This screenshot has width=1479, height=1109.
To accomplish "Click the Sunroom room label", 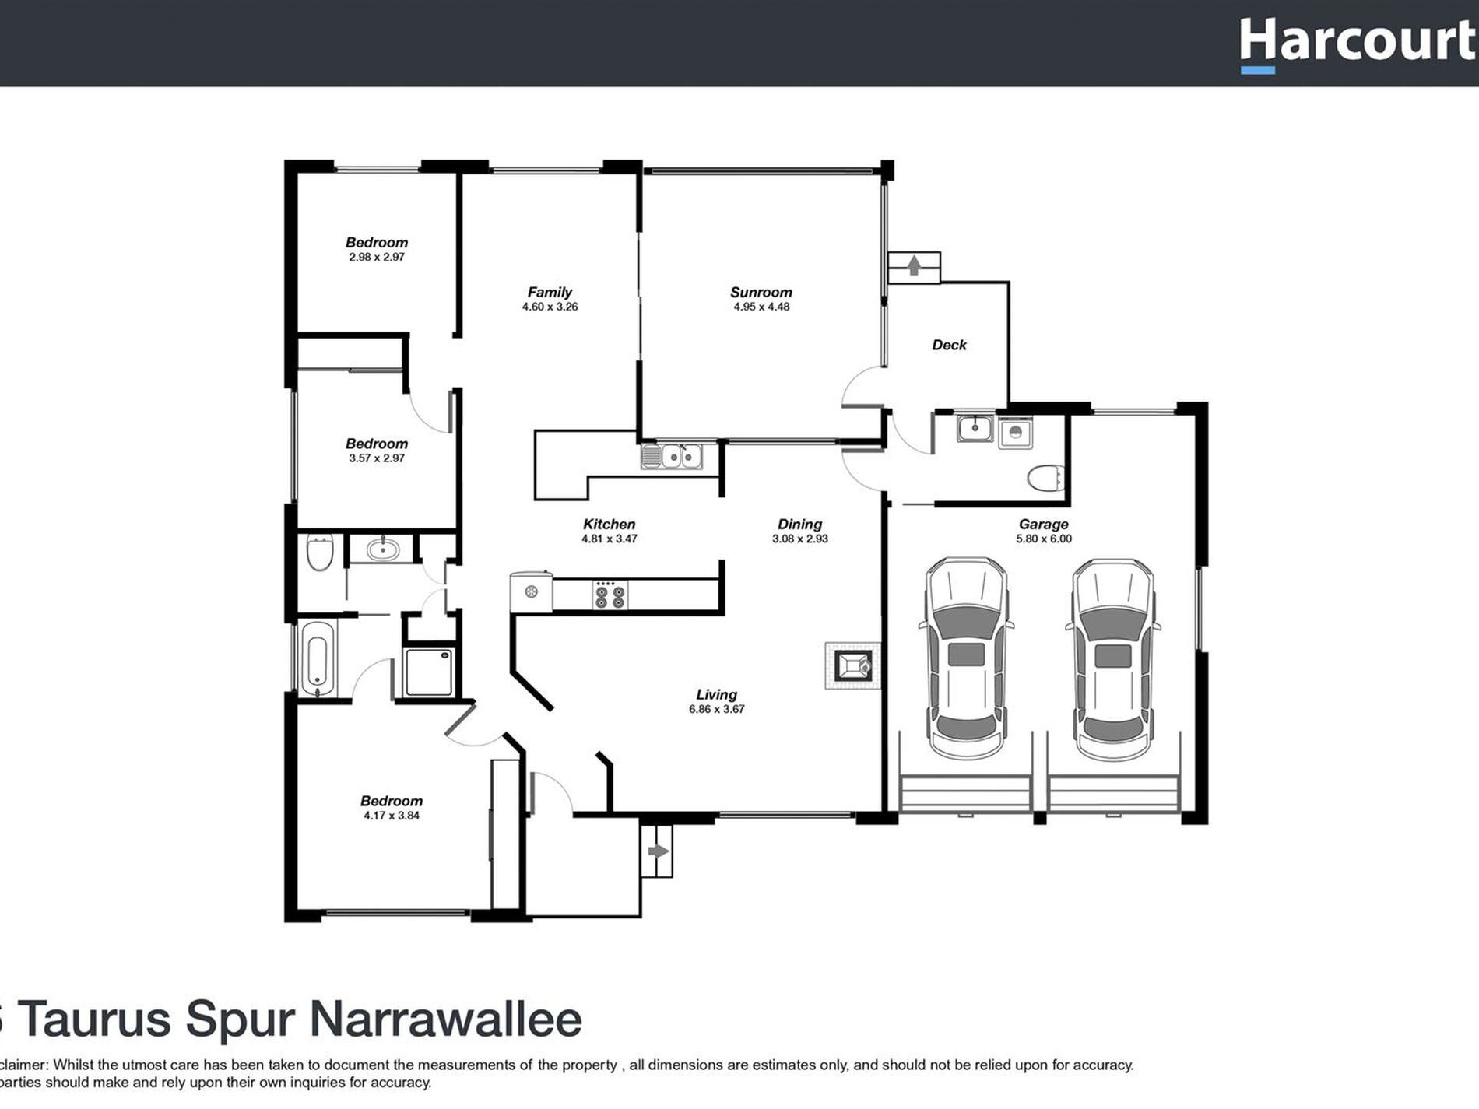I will point(761,293).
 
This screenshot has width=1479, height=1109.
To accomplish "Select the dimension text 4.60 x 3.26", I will point(550,307).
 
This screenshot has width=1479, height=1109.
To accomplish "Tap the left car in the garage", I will point(965,658).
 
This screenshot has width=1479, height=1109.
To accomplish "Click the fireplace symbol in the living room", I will point(853,665).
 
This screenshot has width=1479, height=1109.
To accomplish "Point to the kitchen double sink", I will point(671,456).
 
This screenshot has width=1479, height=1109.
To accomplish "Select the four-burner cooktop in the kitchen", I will point(610,595).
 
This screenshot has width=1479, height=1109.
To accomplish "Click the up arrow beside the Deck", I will point(914,266).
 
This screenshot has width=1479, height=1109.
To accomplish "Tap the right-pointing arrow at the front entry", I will point(658,851).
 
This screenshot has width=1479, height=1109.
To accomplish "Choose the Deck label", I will point(949,345).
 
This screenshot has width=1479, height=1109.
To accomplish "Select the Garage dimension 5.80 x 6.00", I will point(1043,539).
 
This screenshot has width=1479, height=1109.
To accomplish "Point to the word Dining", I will point(799,525).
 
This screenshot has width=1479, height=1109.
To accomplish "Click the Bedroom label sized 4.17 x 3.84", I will point(391,801).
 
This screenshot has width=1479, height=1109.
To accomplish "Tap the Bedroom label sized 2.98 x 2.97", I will point(377,243).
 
